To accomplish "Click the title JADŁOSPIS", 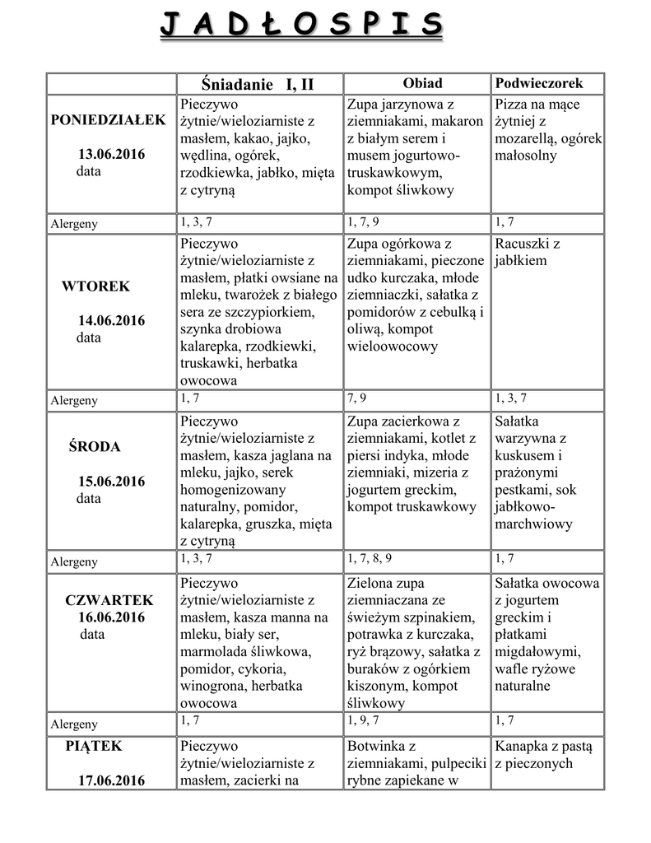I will tap(301, 25).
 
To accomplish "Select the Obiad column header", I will tap(422, 83).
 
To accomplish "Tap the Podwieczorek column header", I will tap(538, 83).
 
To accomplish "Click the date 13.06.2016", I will tap(112, 155).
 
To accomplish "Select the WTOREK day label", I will tap(95, 286).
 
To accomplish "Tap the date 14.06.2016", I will tap(112, 320).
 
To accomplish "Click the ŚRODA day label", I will tap(94, 447).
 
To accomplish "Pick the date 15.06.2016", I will tap(112, 482).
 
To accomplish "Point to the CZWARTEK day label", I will tap(109, 600).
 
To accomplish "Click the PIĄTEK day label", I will tap(94, 746).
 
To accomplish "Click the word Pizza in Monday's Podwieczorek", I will tap(512, 105).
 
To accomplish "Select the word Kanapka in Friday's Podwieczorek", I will tap(522, 747).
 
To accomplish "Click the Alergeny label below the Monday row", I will tap(74, 224).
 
